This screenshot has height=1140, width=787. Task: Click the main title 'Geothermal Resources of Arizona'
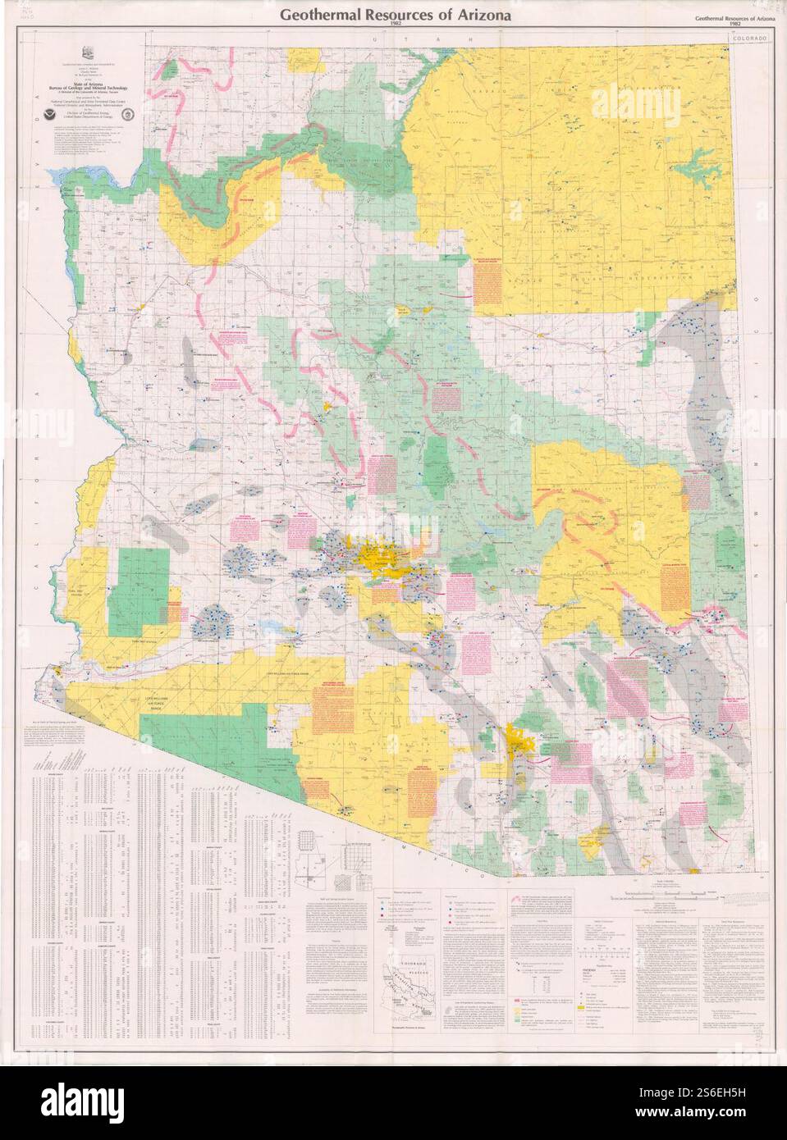[x=395, y=16]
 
